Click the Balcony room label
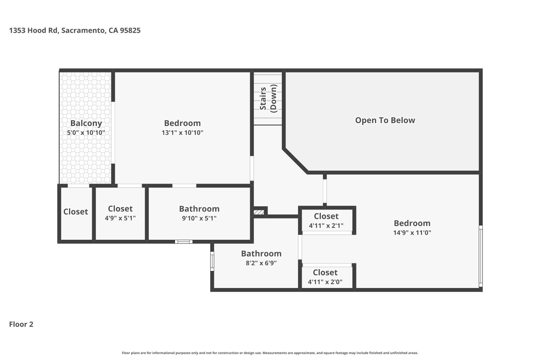pos(86,123)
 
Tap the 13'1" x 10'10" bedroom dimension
pos(183,132)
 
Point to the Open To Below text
pos(385,120)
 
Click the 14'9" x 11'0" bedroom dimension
pos(412,233)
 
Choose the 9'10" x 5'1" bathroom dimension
pos(199,218)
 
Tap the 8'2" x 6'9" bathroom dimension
pos(261,263)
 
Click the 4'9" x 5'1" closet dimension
pos(120,218)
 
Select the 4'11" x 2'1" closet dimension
pos(326,226)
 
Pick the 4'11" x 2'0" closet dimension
pos(325,282)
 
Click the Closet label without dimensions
pos(76,212)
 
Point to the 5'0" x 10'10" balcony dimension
pos(86,132)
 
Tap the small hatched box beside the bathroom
pos(259,212)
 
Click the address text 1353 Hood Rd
pos(34,30)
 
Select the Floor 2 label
pos(21,324)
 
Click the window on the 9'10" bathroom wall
pos(184,242)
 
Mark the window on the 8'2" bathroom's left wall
pos(212,261)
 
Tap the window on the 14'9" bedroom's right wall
pos(481,256)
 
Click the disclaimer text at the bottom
pos(270,353)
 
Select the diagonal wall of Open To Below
pos(296,161)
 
